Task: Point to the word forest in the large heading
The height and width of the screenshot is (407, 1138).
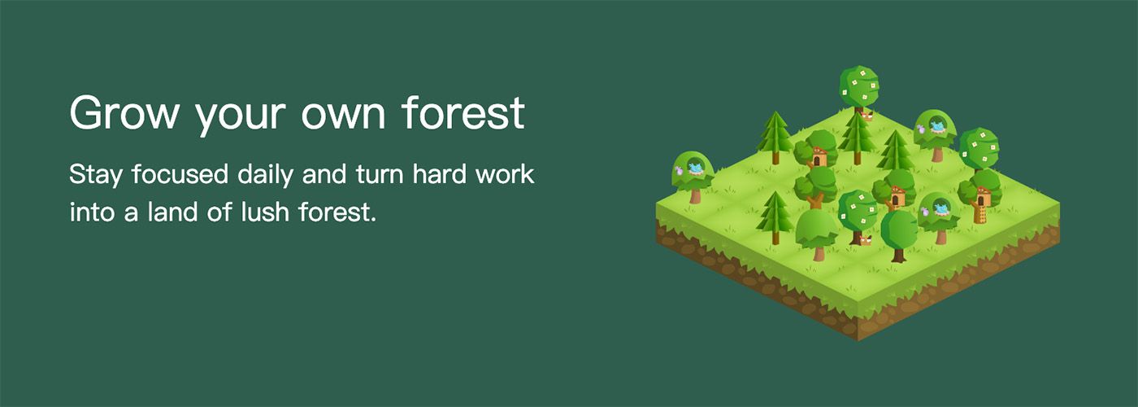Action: pyautogui.click(x=463, y=112)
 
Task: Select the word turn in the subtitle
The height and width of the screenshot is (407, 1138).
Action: pyautogui.click(x=384, y=175)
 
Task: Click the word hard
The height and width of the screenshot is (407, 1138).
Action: pyautogui.click(x=445, y=175)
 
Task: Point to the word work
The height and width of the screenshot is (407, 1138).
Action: pyautogui.click(x=509, y=175)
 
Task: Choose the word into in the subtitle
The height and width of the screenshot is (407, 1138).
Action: pyautogui.click(x=89, y=213)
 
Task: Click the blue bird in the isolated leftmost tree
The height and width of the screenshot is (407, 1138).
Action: pyautogui.click(x=695, y=168)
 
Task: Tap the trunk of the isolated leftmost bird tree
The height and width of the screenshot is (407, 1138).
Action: pyautogui.click(x=694, y=195)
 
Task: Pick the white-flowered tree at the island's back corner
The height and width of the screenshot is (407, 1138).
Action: pyautogui.click(x=858, y=85)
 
